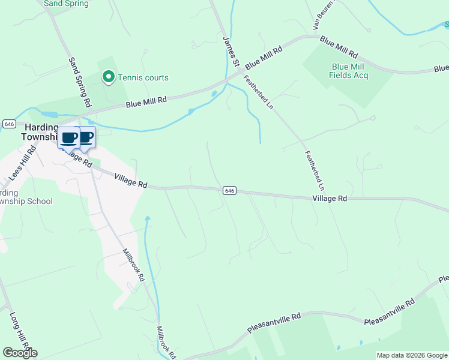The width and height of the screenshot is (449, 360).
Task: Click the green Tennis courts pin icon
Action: click(109, 77)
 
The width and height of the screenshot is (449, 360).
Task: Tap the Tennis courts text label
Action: click(143, 77)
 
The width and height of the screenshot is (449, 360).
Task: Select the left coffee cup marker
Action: click(69, 138)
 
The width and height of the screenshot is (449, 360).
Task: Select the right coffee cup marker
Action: click(86, 137)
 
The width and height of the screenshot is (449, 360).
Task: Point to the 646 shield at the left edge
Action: click(9, 124)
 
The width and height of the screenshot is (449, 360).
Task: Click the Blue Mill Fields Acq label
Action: click(348, 71)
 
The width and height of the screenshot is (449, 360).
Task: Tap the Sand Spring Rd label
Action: click(79, 82)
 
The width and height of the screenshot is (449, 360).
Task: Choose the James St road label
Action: click(231, 52)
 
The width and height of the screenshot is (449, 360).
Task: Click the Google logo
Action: click(20, 353)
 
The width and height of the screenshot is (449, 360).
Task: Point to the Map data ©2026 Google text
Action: click(411, 355)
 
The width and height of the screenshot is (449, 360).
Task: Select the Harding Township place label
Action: click(39, 132)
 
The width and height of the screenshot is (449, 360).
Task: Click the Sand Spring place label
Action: click(67, 4)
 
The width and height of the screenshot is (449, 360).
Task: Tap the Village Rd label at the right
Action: click(330, 198)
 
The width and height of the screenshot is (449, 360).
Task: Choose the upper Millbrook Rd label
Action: click(133, 265)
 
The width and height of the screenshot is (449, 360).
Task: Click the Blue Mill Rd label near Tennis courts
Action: click(146, 103)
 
